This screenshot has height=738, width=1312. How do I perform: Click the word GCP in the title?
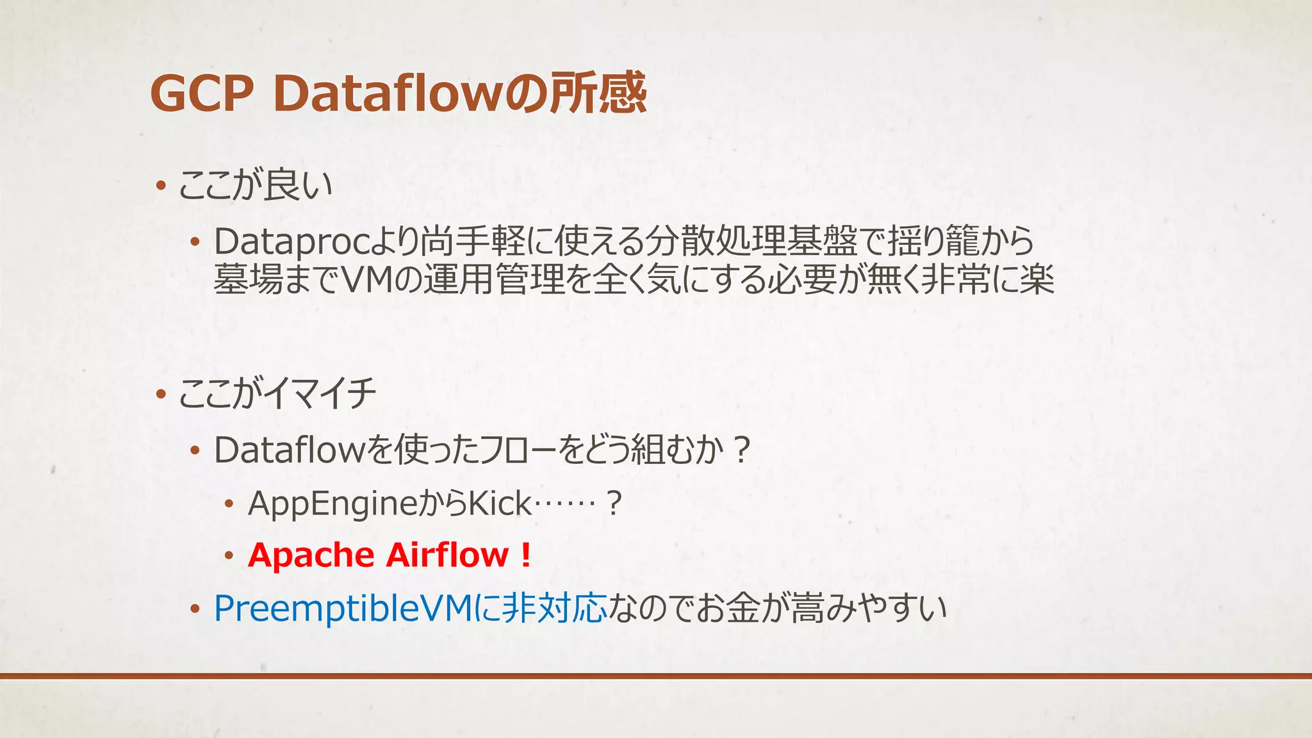click(x=202, y=94)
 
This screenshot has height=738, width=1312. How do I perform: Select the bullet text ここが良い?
click(x=255, y=186)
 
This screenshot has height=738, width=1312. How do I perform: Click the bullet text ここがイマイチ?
click(x=277, y=393)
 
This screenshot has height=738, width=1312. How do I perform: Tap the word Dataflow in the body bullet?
click(x=289, y=449)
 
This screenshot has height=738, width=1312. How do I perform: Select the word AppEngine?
click(x=332, y=504)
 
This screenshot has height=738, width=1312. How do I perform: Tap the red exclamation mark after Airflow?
click(x=526, y=555)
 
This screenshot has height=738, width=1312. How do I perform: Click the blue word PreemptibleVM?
click(x=343, y=608)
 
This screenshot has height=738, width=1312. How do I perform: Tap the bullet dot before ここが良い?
click(x=161, y=187)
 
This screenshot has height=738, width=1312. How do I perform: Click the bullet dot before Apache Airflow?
click(x=229, y=556)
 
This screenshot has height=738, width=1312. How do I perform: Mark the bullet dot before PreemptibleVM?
click(x=195, y=609)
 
